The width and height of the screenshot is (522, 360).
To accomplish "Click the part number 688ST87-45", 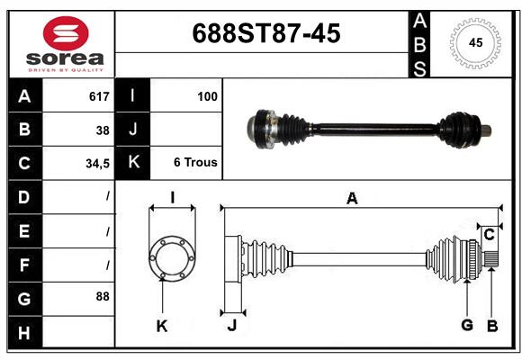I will pyautogui.click(x=266, y=34).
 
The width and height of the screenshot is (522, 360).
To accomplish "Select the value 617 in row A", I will pyautogui.click(x=99, y=96).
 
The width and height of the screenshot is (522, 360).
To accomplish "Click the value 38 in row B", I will pyautogui.click(x=103, y=130).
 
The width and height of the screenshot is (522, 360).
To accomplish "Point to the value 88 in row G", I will pyautogui.click(x=103, y=295).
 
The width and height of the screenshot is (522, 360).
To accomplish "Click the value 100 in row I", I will pyautogui.click(x=207, y=96).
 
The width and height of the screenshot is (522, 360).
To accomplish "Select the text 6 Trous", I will pyautogui.click(x=195, y=163).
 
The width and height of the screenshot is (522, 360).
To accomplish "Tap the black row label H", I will pyautogui.click(x=23, y=333).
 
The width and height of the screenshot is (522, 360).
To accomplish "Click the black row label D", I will pyautogui.click(x=23, y=196).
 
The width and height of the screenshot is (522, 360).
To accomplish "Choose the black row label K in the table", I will pyautogui.click(x=132, y=163).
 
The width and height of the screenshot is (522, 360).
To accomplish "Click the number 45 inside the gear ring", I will pyautogui.click(x=476, y=42).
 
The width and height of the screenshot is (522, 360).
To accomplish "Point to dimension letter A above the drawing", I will pyautogui.click(x=352, y=199).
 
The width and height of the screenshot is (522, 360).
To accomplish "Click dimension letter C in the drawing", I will pyautogui.click(x=489, y=236).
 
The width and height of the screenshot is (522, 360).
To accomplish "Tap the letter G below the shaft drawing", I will pyautogui.click(x=466, y=325).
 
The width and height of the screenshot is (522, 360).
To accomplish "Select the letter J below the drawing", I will pyautogui.click(x=231, y=325).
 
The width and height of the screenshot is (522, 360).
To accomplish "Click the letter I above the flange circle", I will pyautogui.click(x=171, y=197).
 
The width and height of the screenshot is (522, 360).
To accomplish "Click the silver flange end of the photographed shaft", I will pyautogui.click(x=262, y=128).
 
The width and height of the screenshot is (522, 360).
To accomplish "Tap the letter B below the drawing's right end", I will pyautogui.click(x=492, y=325).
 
